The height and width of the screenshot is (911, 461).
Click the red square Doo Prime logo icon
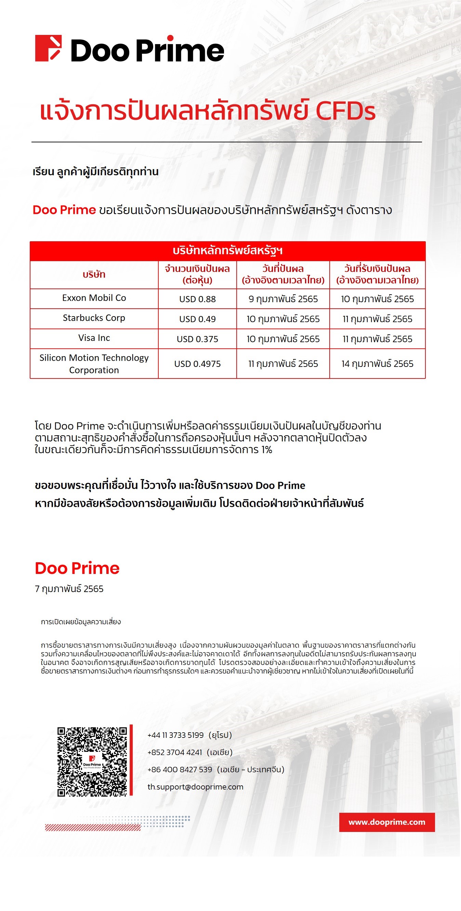pos(49,48)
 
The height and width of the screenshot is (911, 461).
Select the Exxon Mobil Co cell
pos(94,298)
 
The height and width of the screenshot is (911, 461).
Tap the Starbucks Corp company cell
pos(94,318)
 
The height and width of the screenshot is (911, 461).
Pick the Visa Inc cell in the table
pos(94,338)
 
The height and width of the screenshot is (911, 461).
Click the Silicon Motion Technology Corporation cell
pos(94,363)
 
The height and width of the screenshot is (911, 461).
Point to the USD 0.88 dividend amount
pos(197,299)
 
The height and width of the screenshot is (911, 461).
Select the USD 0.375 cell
pos(197,339)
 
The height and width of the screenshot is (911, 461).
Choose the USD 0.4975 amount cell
pos(197,364)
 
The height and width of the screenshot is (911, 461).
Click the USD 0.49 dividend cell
pos(197,319)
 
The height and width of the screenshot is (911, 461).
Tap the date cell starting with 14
pos(377,364)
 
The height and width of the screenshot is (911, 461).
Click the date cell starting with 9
pos(283,299)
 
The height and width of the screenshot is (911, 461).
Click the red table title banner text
pos(227,251)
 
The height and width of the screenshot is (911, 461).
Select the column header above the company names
pos(94,274)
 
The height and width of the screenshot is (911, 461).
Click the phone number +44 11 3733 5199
pos(176,735)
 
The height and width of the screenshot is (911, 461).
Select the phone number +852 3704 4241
pos(175,752)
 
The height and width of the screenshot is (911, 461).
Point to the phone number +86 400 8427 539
pos(180,770)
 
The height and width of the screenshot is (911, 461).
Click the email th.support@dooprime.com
pos(196,787)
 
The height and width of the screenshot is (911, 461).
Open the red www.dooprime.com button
pos(387,822)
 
